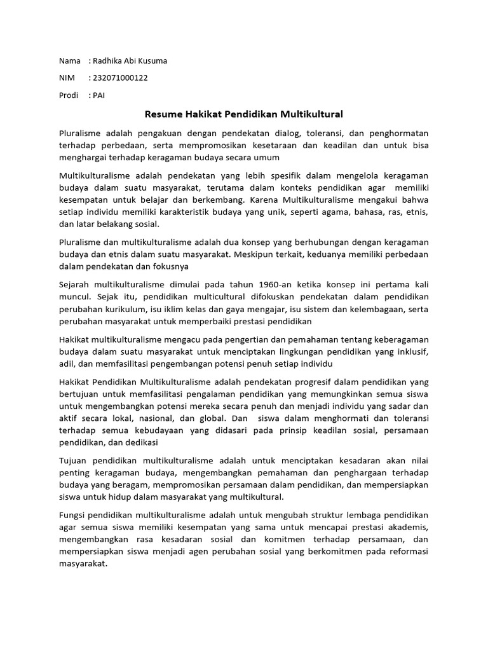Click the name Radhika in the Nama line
109,61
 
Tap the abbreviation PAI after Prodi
99,95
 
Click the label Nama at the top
69,61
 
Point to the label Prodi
70,95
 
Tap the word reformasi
407,551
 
